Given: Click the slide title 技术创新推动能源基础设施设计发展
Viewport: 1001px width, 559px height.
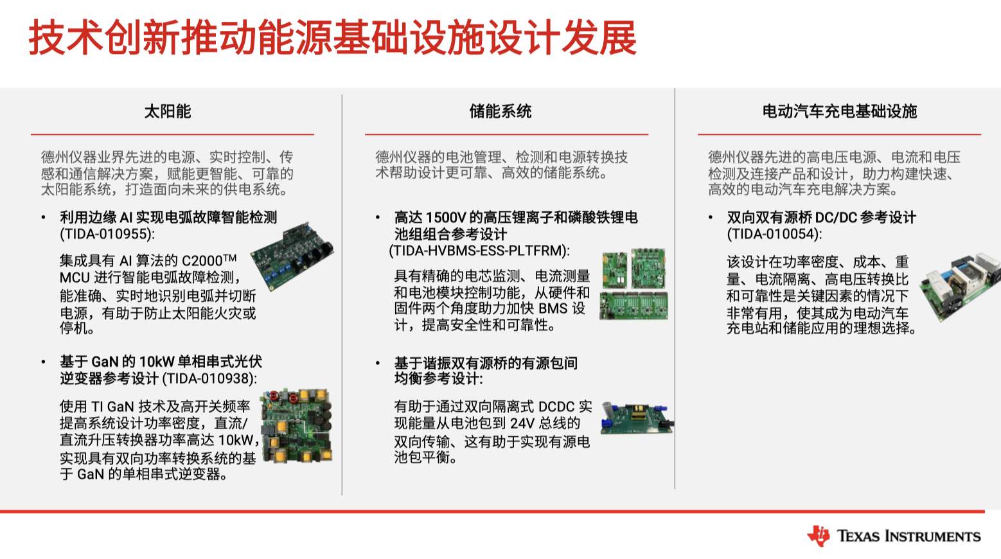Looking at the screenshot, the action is (x=332, y=38).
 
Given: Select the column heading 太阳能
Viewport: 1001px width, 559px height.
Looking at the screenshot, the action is (x=168, y=111).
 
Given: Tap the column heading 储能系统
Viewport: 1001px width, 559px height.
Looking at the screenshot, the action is (x=500, y=111).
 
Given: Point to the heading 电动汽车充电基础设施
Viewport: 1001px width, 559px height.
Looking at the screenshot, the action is (x=840, y=111).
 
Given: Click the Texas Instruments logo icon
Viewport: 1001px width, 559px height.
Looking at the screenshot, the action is (x=819, y=536).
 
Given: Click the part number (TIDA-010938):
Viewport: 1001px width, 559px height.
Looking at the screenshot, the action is (x=209, y=379).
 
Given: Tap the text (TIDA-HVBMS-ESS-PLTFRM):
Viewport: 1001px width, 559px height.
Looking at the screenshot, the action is (x=479, y=251).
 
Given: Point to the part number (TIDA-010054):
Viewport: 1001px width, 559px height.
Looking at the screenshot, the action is (x=774, y=234).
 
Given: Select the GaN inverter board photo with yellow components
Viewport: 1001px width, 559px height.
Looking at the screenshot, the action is (x=297, y=426).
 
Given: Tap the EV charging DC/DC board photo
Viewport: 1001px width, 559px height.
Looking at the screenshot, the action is (x=960, y=287).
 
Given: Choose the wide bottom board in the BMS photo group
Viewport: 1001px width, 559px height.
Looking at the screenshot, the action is (x=633, y=306).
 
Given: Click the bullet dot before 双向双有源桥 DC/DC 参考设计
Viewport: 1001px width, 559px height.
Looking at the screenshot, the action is (x=711, y=218).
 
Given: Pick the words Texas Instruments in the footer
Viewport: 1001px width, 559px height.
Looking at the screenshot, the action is (x=908, y=537).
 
